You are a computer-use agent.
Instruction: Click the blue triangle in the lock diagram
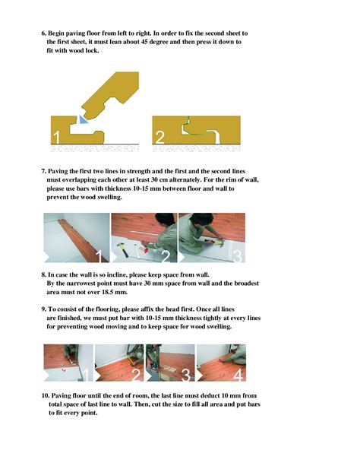83,119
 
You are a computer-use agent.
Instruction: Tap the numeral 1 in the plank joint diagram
56,138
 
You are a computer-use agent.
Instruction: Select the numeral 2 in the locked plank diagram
160,138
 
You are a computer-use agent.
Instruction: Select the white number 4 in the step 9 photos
238,374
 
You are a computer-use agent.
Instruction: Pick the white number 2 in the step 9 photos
135,374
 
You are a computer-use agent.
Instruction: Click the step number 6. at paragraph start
43,34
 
